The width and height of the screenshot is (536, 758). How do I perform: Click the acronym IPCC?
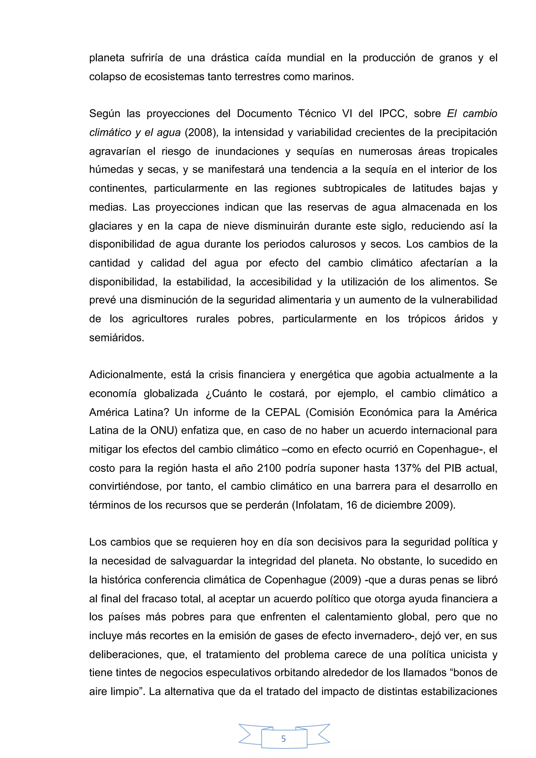point(391,114)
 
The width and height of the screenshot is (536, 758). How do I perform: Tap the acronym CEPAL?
point(282,412)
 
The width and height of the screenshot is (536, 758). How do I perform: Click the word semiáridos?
point(116,338)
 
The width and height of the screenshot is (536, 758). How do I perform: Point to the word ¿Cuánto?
point(226,394)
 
